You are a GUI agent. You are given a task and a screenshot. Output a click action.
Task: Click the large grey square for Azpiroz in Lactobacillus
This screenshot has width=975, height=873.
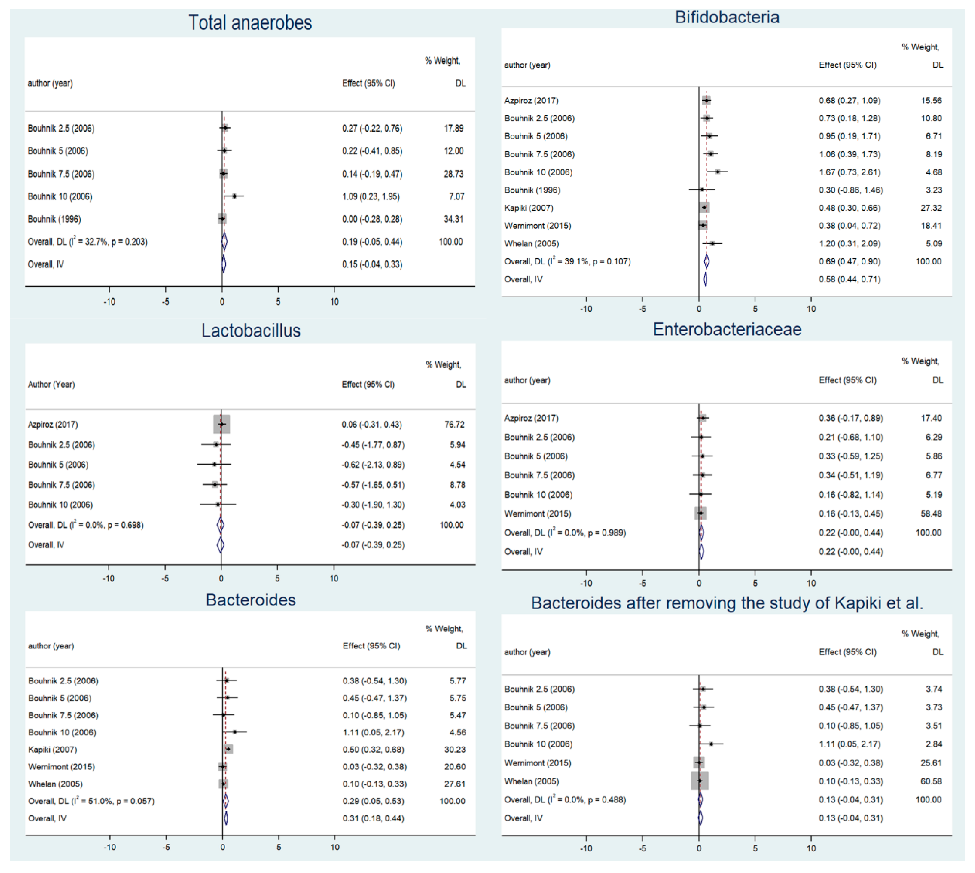tap(221, 424)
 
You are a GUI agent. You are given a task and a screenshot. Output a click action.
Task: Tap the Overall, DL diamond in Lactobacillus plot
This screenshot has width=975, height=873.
tap(220, 525)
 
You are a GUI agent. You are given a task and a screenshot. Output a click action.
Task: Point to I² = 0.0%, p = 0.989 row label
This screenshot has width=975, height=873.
tap(565, 533)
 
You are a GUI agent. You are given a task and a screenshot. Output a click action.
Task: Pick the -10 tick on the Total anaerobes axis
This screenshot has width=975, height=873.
tap(109, 302)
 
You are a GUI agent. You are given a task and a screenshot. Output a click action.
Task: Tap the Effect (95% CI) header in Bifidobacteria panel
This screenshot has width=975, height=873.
tap(847, 65)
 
